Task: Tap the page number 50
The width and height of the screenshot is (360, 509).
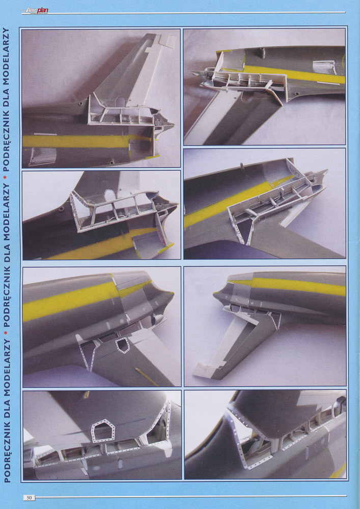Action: coord(29,497)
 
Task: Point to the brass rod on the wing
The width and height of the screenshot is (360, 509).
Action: coord(147,377)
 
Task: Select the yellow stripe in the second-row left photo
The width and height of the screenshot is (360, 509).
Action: coord(107,243)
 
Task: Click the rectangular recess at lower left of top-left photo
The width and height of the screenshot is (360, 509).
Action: coord(42,157)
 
